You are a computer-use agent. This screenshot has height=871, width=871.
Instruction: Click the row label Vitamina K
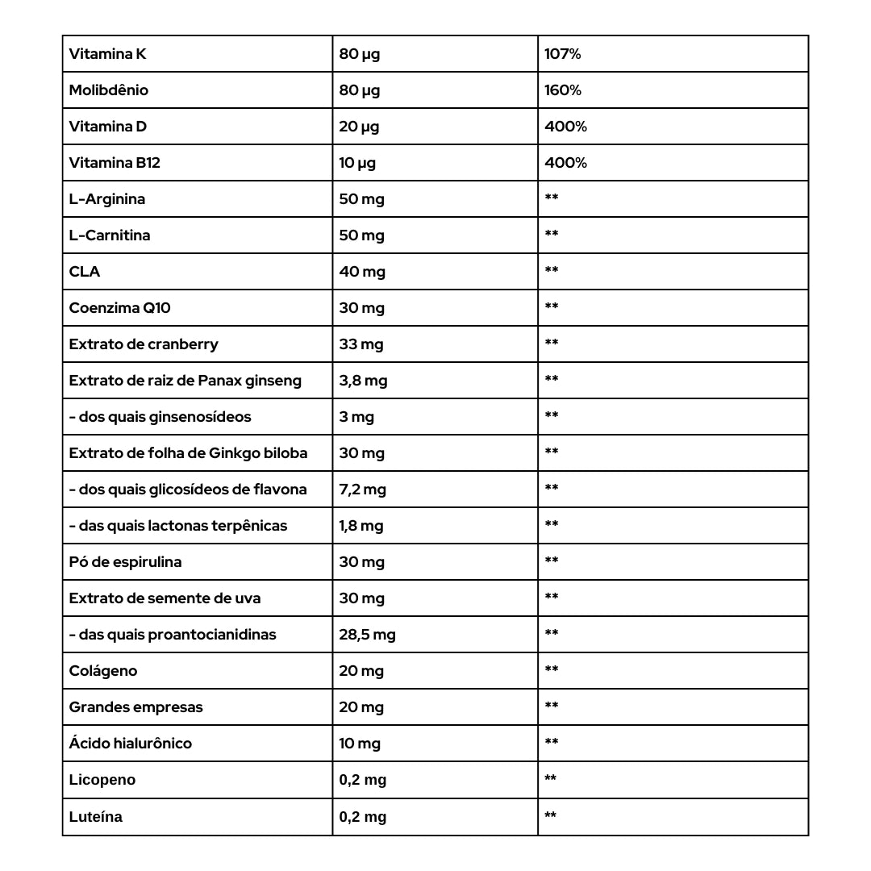click(107, 54)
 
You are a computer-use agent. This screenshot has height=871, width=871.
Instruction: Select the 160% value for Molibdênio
click(563, 90)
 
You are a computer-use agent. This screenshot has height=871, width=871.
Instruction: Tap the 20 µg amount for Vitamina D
click(359, 127)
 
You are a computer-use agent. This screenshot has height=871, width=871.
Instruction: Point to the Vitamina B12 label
click(115, 163)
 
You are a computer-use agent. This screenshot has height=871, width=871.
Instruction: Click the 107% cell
click(562, 54)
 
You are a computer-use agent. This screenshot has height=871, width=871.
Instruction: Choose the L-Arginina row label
click(107, 199)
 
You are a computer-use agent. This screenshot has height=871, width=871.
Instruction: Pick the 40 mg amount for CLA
click(362, 272)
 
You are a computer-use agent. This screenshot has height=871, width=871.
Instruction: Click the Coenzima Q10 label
click(119, 308)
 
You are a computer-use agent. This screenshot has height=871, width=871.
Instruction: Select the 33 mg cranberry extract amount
click(361, 344)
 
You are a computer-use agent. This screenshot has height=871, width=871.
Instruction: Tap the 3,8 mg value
click(363, 381)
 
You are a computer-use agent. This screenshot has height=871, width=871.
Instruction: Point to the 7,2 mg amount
click(362, 490)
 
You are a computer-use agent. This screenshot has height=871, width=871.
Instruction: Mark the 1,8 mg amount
click(360, 526)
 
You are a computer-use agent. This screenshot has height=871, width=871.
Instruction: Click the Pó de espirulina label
click(125, 562)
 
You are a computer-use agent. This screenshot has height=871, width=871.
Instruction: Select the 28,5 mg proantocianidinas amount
click(367, 635)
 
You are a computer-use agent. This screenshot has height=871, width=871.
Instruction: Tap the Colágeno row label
click(103, 671)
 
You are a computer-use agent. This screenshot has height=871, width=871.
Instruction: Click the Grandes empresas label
click(135, 707)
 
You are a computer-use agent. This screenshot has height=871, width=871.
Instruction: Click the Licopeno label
click(102, 780)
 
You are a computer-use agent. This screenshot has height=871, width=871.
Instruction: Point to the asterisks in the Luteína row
click(551, 816)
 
